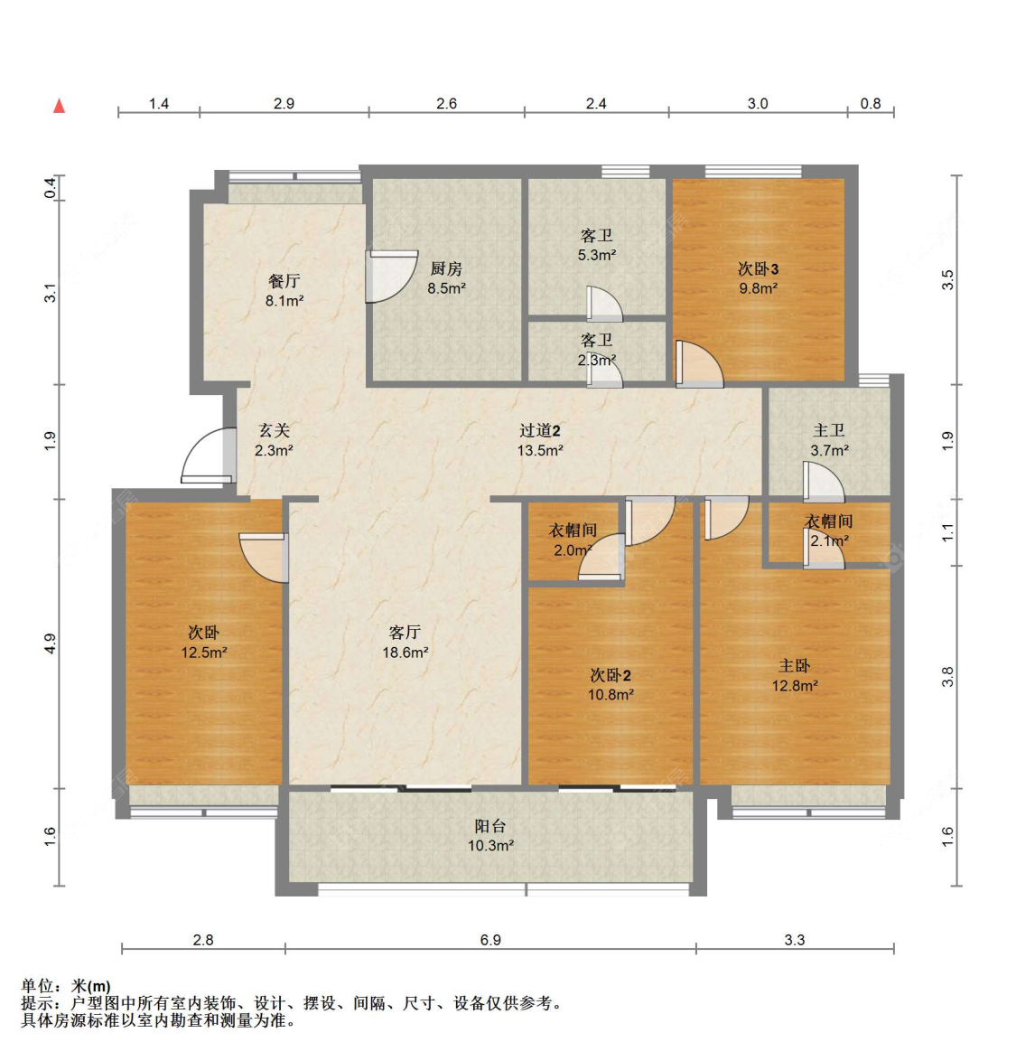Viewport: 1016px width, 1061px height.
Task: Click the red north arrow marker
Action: pyautogui.click(x=60, y=106)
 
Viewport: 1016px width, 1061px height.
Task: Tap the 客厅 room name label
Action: pyautogui.click(x=405, y=632)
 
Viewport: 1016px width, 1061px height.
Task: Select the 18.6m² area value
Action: pyautogui.click(x=405, y=652)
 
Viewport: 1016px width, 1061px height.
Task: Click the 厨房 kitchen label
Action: pyautogui.click(x=446, y=268)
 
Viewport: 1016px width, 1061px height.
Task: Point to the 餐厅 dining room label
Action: pyautogui.click(x=284, y=281)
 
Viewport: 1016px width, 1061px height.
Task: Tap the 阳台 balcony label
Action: pyautogui.click(x=490, y=826)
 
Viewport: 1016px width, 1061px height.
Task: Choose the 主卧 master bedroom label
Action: pyautogui.click(x=795, y=666)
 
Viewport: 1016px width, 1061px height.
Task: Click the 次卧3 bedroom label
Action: pyautogui.click(x=758, y=268)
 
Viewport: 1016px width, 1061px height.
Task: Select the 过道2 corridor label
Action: pyautogui.click(x=540, y=431)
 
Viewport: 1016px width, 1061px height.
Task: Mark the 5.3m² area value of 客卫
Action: pyautogui.click(x=597, y=255)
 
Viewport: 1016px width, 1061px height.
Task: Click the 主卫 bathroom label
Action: pyautogui.click(x=829, y=431)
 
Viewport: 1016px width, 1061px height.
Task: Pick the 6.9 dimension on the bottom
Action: pyautogui.click(x=490, y=940)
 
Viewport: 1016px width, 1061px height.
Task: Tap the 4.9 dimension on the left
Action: pyautogui.click(x=51, y=643)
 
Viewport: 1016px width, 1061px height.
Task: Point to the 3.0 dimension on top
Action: pyautogui.click(x=758, y=104)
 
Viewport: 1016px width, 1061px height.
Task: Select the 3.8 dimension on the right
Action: pyautogui.click(x=947, y=676)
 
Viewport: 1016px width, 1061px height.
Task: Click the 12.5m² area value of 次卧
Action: pyautogui.click(x=204, y=652)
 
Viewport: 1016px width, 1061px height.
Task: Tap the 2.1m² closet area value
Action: pyautogui.click(x=829, y=540)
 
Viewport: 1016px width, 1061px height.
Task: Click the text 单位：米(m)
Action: pyautogui.click(x=66, y=986)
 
